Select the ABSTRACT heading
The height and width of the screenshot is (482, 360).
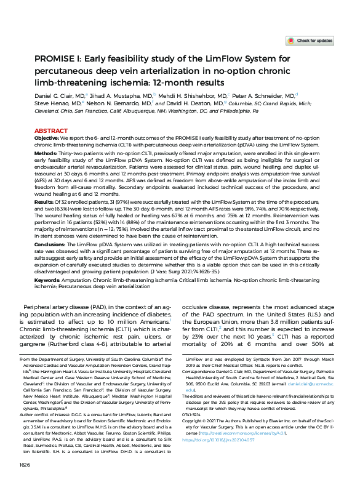coord(51,131)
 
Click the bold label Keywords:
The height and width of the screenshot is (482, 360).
coord(49,279)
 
